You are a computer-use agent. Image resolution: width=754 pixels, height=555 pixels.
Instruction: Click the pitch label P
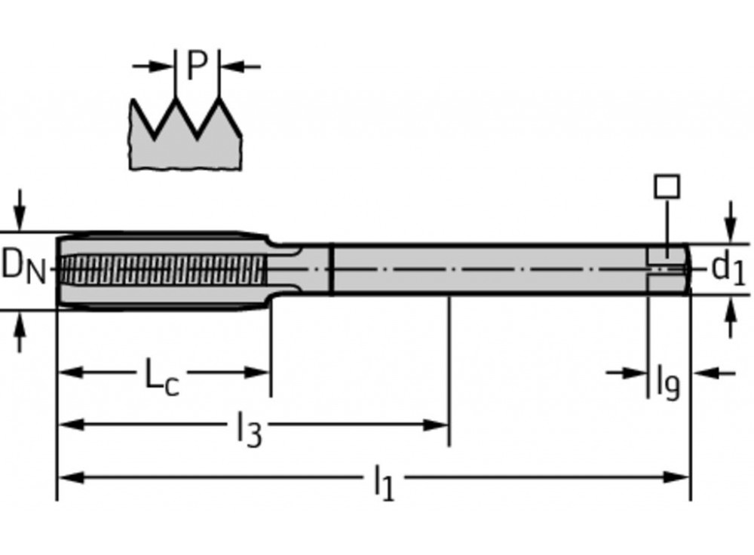point(196,66)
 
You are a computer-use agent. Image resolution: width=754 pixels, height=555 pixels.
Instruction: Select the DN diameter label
point(23,266)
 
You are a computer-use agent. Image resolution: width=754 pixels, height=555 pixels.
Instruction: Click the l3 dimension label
point(248,429)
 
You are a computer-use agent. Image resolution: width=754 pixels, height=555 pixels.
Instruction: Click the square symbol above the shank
point(667,186)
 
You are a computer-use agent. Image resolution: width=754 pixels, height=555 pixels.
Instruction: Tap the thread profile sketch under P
point(185,136)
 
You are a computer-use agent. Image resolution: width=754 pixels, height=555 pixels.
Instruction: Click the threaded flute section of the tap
point(162,269)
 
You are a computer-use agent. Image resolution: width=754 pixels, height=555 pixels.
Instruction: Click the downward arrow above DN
point(20,215)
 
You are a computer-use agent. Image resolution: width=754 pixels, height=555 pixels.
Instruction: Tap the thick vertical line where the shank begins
point(332,268)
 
